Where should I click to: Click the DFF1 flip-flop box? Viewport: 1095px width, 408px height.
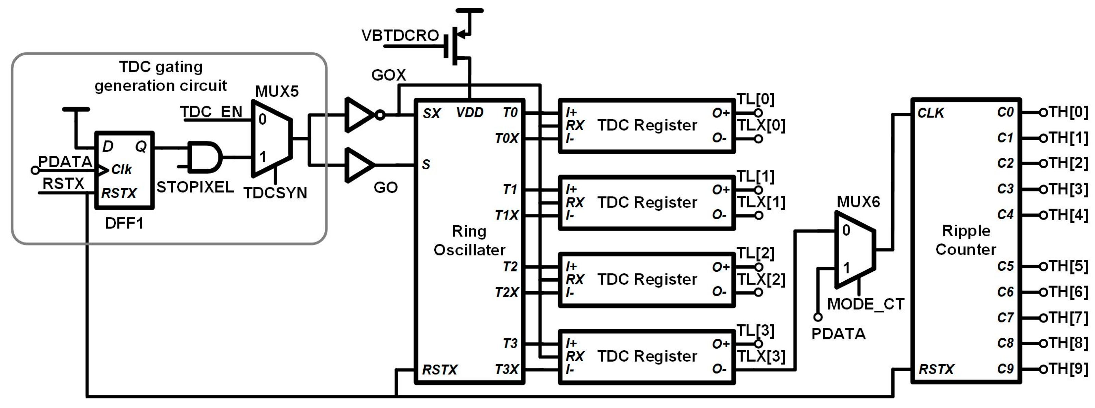tap(124, 170)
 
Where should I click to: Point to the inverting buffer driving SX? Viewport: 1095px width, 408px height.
tap(361, 115)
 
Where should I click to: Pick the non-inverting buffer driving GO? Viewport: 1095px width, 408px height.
tap(360, 165)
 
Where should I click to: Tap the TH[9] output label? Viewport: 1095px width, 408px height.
tap(1068, 368)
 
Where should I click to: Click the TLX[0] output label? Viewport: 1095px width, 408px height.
tap(761, 126)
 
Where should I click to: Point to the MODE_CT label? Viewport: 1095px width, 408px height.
tap(866, 304)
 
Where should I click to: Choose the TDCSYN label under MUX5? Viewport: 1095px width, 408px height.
tap(275, 193)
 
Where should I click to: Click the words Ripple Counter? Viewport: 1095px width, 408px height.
tap(966, 240)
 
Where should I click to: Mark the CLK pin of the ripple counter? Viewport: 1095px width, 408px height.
tap(930, 113)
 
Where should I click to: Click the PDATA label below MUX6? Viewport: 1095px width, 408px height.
tap(838, 334)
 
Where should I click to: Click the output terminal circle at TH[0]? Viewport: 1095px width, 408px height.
tap(1043, 113)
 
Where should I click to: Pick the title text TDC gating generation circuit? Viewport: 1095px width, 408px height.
tap(161, 76)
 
